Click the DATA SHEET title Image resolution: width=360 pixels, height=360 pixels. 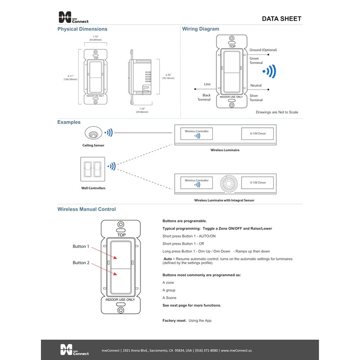282,18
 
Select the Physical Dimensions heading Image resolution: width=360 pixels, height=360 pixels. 82,29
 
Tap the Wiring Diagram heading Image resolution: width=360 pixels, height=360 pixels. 201,29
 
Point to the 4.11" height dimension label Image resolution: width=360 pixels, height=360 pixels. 70,77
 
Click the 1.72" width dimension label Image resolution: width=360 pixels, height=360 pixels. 95,38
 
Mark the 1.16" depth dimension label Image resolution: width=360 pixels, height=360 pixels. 142,110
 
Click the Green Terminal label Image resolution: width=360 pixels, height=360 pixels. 256,61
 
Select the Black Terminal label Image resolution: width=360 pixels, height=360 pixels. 204,97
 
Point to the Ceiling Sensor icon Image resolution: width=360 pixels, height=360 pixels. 94,133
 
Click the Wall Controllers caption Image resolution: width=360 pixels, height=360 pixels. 94,188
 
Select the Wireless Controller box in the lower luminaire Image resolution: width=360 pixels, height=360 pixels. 197,182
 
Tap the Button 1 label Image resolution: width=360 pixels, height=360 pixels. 81,247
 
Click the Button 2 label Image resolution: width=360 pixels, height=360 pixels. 81,262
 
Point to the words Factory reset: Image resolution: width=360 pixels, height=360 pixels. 174,320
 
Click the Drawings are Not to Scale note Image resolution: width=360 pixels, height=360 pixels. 277,112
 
